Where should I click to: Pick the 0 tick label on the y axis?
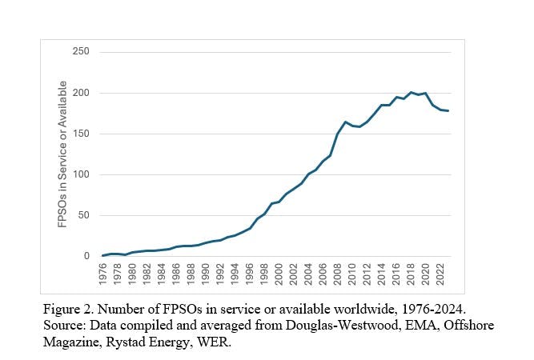coord(87,257)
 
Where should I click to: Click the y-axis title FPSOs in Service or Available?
coord(62,154)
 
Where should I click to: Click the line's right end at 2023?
coord(448,111)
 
